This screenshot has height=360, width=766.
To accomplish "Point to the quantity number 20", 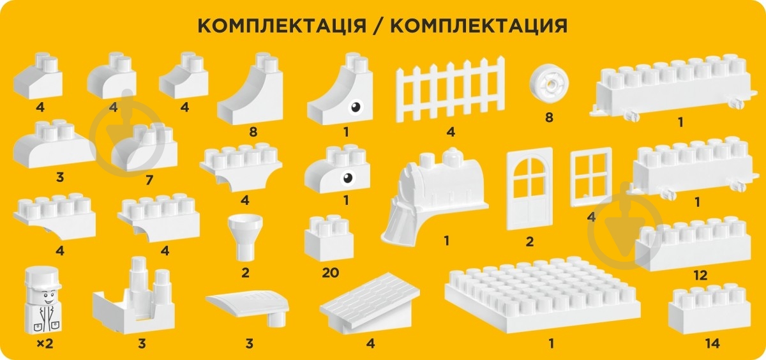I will click(331, 273).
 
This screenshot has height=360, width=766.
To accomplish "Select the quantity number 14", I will click(712, 344).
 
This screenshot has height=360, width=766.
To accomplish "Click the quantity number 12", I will click(700, 276).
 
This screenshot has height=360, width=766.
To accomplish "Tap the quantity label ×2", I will click(44, 344).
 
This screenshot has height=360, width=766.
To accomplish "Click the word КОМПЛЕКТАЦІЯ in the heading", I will click(281, 26).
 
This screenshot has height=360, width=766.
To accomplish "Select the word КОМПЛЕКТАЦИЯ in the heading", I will click(478, 26).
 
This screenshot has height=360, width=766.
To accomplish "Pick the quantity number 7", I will click(149, 180).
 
